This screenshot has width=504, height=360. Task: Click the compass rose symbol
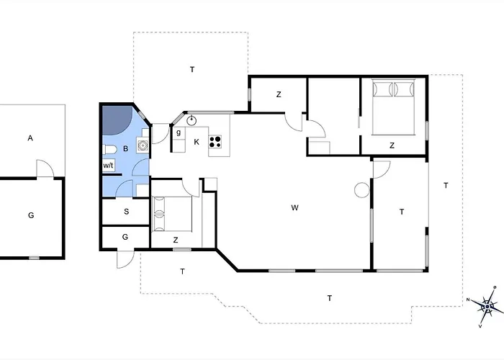[487, 307]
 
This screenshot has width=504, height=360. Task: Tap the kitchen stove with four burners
[215, 142]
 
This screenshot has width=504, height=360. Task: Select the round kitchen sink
[192, 120]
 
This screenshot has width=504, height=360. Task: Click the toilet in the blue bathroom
[109, 150]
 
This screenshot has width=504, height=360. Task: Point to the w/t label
[108, 166]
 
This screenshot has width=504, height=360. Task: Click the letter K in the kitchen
[197, 142]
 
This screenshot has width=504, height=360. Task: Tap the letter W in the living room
[294, 207]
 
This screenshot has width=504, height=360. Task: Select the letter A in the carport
[30, 138]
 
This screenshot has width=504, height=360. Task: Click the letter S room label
[126, 212]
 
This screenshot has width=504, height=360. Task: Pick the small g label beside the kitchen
[179, 132]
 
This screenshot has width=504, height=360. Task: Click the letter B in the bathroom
[126, 148]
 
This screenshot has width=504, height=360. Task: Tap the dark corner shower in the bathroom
[116, 120]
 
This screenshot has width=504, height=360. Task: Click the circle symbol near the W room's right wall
[362, 190]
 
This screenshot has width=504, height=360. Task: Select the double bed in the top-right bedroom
[393, 107]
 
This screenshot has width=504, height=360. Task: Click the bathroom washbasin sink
[143, 145]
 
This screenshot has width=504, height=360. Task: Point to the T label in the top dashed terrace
[192, 69]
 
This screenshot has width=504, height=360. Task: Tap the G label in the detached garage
[31, 215]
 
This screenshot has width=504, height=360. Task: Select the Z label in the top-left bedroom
[279, 94]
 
